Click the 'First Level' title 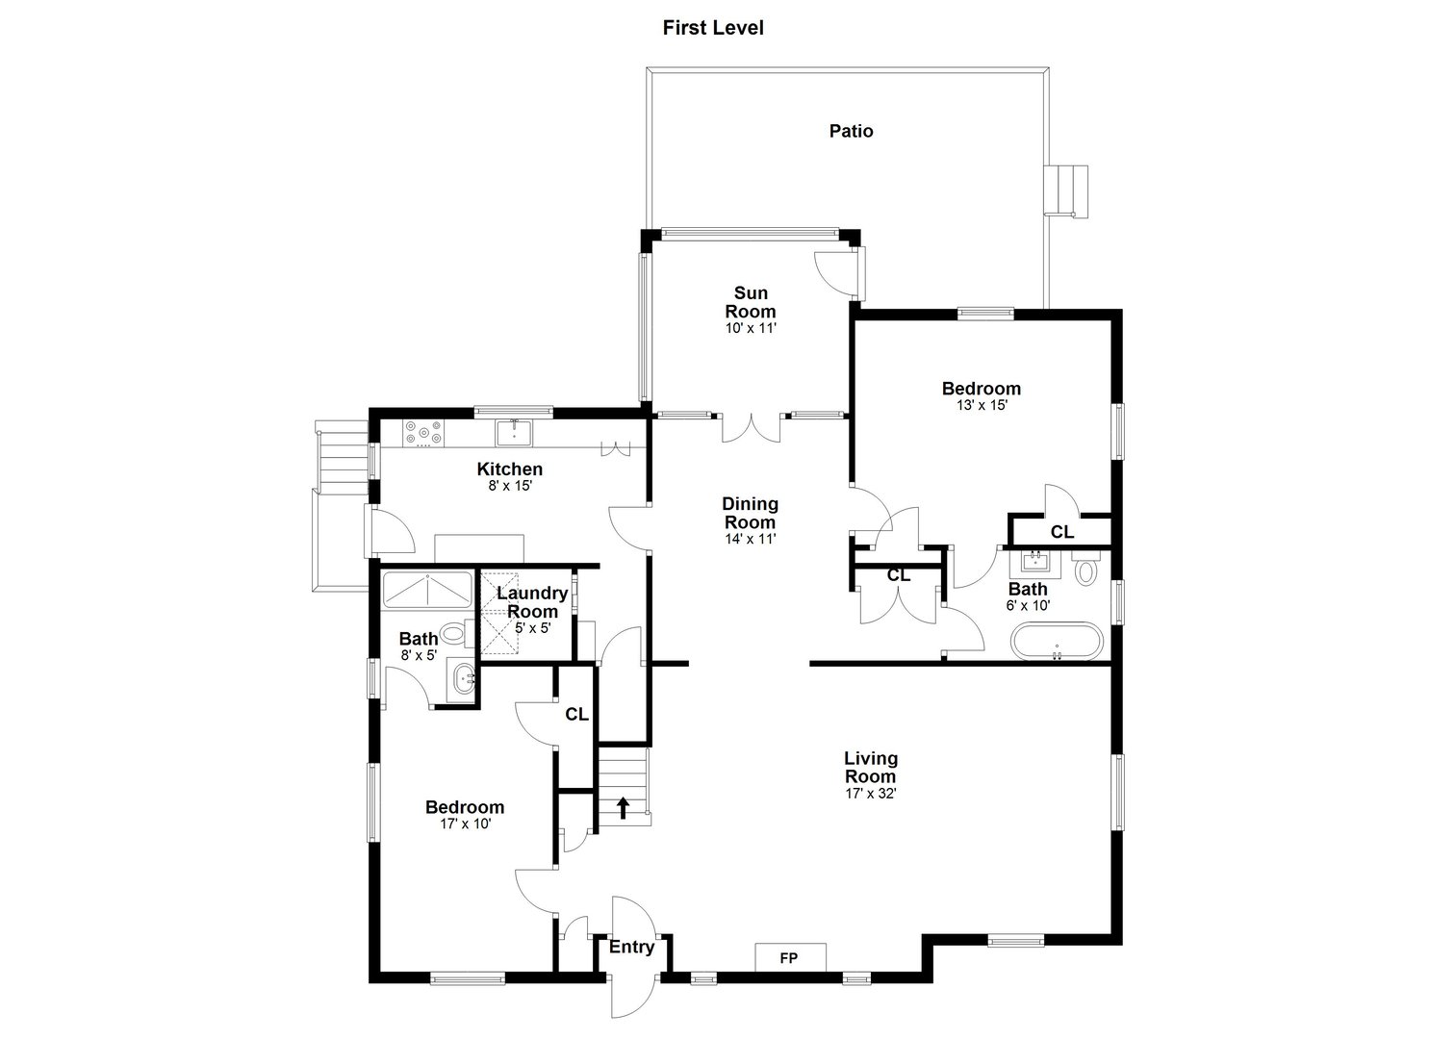pos(713,28)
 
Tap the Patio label pos(852,131)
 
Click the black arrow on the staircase pos(623,807)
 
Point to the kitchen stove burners pos(424,433)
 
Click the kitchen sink pos(515,433)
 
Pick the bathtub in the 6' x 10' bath pos(1056,643)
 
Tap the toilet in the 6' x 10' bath pos(1086,570)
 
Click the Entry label pos(631,947)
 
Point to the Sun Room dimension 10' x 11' pos(750,328)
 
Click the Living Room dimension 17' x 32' pos(870,794)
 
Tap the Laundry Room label pos(532,602)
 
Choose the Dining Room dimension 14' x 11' pos(750,539)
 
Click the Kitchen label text pos(510,469)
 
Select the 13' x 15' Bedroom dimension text pos(981,405)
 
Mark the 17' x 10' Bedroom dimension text pos(465,824)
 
